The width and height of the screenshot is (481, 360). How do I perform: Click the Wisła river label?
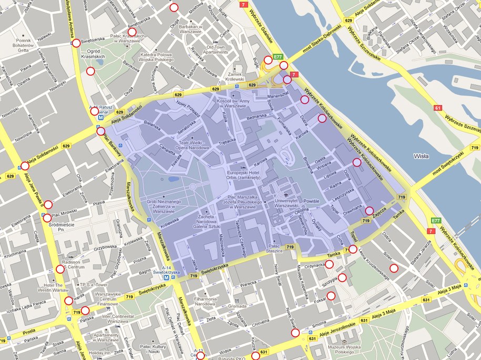422,156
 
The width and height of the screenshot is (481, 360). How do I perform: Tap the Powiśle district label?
312,201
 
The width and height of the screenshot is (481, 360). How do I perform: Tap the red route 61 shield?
438,108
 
